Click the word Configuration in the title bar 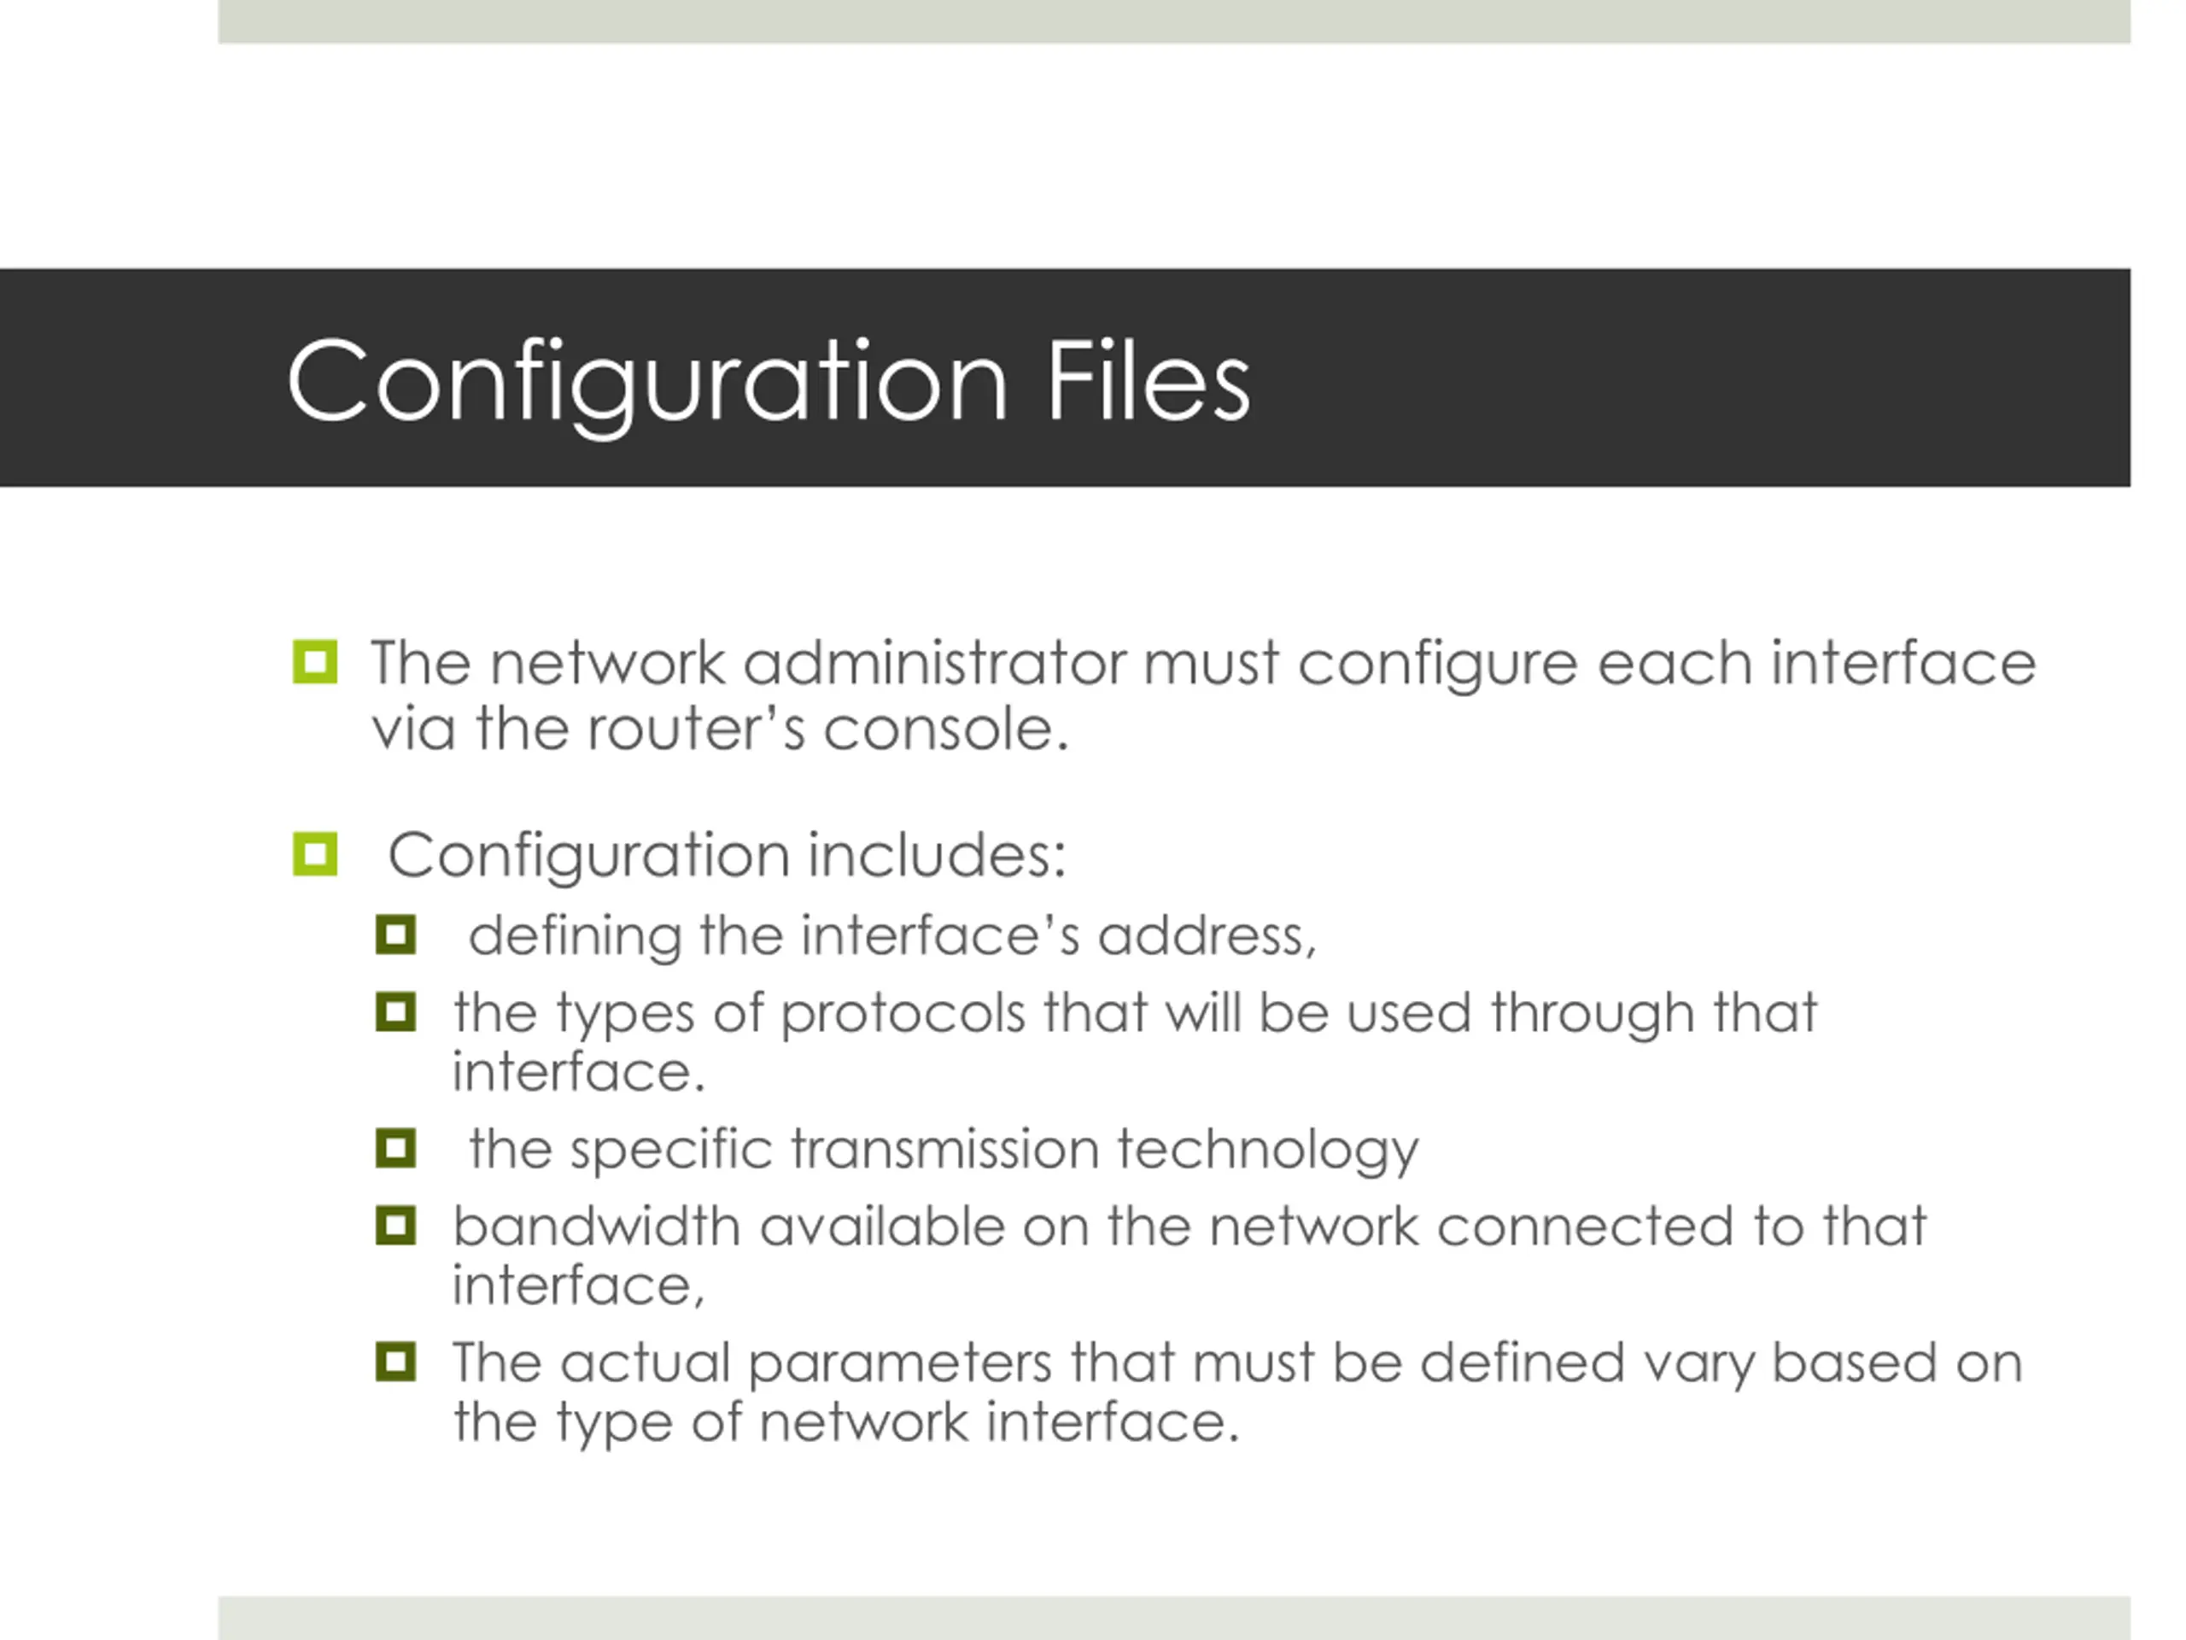[647, 384]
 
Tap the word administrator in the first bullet [934, 664]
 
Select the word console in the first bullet [946, 729]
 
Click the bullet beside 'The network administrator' [315, 662]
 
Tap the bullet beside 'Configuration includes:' [315, 854]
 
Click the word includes [936, 854]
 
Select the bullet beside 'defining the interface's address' [395, 934]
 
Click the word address [1207, 935]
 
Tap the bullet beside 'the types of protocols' [395, 1012]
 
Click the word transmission [944, 1150]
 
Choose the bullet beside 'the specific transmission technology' [395, 1149]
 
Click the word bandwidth [596, 1227]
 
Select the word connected [1585, 1227]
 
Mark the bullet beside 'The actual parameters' [395, 1362]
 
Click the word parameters [899, 1364]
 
